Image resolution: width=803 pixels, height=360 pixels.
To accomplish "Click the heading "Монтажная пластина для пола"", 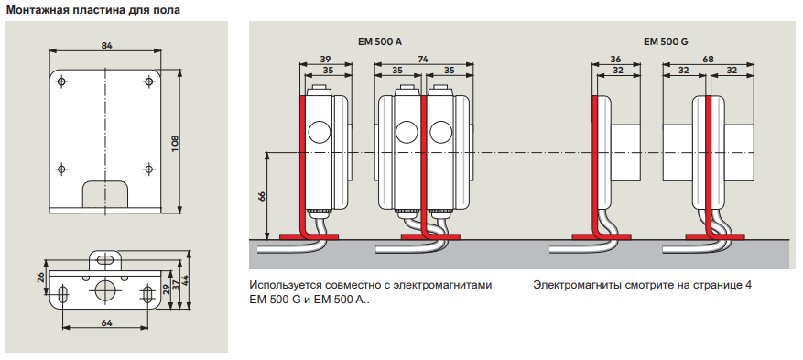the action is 93,10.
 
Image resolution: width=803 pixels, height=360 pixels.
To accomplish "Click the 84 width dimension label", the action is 106,45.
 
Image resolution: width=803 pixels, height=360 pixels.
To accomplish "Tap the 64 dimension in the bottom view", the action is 106,322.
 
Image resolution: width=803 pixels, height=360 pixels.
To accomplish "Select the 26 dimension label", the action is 41,279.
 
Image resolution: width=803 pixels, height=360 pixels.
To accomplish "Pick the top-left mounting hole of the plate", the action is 61,82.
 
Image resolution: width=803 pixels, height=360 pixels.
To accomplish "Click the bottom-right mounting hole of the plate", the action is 149,169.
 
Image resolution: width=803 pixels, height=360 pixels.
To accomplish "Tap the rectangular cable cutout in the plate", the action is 106,193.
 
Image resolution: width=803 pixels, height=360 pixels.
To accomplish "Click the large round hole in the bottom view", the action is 105,289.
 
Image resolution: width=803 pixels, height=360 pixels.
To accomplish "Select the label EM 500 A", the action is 380,42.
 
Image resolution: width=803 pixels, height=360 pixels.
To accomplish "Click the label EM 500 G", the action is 666,42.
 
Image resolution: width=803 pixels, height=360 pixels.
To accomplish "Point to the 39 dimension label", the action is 325,60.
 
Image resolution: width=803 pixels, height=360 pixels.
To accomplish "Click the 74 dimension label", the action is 423,60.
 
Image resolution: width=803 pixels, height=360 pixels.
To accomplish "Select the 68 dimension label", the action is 709,60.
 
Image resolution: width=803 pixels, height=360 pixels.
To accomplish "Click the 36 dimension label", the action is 617,60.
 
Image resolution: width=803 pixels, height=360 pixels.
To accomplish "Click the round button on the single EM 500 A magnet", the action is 320,132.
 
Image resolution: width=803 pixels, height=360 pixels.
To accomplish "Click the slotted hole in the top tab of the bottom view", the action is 105,260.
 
